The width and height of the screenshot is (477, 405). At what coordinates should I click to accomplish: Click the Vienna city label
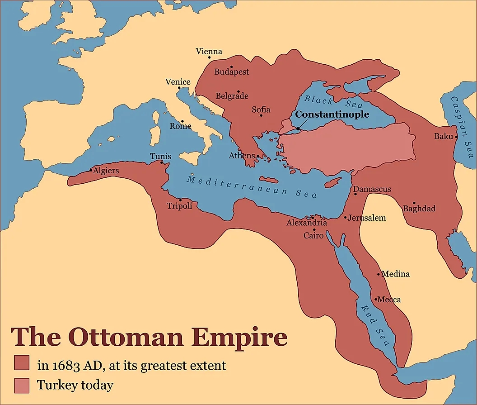pos(209,52)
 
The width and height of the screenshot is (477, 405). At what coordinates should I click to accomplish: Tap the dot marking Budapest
pos(232,67)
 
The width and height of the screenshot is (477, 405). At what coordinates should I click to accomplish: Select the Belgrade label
pos(232,96)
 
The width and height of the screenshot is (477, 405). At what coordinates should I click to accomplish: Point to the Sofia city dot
pos(261,115)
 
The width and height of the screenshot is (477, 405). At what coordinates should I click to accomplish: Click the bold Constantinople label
pos(332,114)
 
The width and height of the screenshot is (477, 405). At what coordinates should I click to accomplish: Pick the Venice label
pos(178,82)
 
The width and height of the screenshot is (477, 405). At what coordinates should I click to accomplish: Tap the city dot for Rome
pos(182,121)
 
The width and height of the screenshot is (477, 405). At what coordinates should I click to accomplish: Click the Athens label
pos(242,156)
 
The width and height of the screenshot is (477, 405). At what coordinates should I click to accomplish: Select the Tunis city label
pos(160,157)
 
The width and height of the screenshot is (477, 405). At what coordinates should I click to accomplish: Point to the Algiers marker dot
pos(91,171)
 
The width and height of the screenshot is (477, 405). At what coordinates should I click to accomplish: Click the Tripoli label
pos(179,206)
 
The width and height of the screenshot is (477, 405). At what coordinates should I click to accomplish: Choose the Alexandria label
pos(307,223)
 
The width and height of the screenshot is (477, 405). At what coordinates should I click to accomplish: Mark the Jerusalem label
pos(367,218)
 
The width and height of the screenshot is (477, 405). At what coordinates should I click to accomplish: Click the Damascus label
pos(372,189)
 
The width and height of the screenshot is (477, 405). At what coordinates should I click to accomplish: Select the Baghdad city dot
pos(414,203)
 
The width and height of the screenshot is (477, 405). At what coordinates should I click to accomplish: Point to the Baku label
pos(443,136)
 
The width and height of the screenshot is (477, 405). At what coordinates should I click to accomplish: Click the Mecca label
pos(389,300)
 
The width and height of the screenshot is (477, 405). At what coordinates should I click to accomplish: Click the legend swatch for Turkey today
pos(22,385)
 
